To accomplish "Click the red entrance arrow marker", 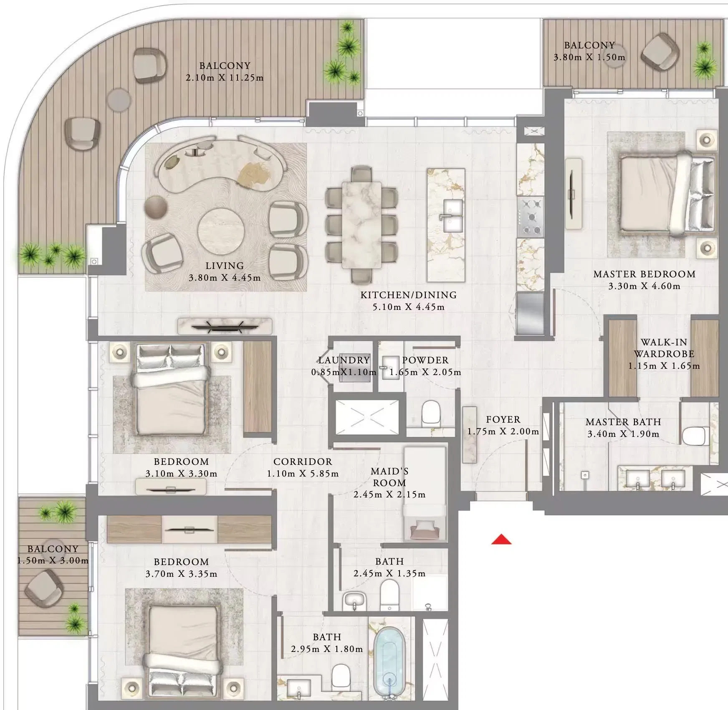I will point(501,540).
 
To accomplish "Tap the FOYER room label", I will point(503,419).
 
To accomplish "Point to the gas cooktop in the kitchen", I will point(531,217).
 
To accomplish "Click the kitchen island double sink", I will point(452,216).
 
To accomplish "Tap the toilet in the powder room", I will point(430,413).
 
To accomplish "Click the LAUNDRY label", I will point(344,360).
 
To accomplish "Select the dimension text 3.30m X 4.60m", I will point(644,287).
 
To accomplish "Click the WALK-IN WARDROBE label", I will point(664,348).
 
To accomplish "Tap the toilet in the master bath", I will point(695,436).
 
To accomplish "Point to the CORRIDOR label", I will point(303,461).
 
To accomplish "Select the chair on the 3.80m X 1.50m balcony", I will point(660,52).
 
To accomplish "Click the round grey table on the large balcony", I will point(119,99).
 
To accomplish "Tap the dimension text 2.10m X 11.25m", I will point(225,78).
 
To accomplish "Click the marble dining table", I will point(361,225).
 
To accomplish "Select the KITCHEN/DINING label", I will point(408,295).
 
